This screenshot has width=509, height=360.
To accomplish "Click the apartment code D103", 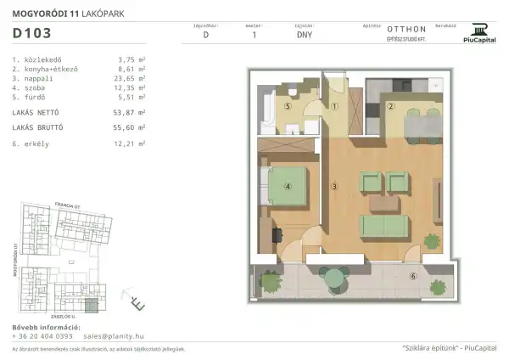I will pyautogui.click(x=32, y=35).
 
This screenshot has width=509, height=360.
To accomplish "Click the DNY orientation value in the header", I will pyautogui.click(x=304, y=36).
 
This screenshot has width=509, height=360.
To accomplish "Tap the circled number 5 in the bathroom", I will pyautogui.click(x=288, y=107).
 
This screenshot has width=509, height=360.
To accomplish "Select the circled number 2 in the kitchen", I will pyautogui.click(x=390, y=106).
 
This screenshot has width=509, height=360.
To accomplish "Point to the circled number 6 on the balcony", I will pyautogui.click(x=413, y=276).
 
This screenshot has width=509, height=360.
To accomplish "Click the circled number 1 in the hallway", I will pyautogui.click(x=335, y=107).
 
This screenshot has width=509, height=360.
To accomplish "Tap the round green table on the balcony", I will pyautogui.click(x=337, y=273).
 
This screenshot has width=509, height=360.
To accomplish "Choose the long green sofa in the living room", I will pyautogui.click(x=387, y=225).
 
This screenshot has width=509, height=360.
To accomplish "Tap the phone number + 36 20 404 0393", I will pyautogui.click(x=42, y=336).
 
